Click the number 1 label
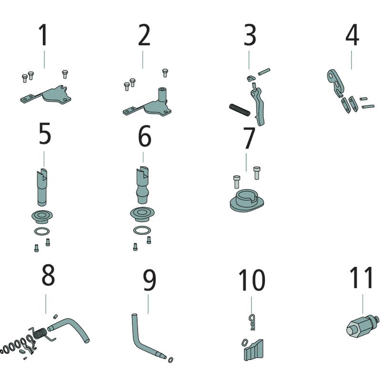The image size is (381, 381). click(43, 35)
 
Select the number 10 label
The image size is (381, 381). click(252, 280)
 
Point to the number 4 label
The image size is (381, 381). click(352, 35)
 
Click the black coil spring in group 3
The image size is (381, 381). click(240, 110)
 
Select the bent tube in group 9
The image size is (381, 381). click(146, 338)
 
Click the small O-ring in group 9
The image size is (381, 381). click(170, 360)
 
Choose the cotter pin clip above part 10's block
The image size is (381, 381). click(252, 322)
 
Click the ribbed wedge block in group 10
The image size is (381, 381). click(253, 351)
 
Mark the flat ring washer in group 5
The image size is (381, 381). click(42, 231)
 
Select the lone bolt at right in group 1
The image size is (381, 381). click(65, 74)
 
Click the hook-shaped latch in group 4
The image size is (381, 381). click(335, 82)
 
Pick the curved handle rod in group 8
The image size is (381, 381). click(70, 329)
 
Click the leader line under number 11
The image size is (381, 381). click(363, 304)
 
